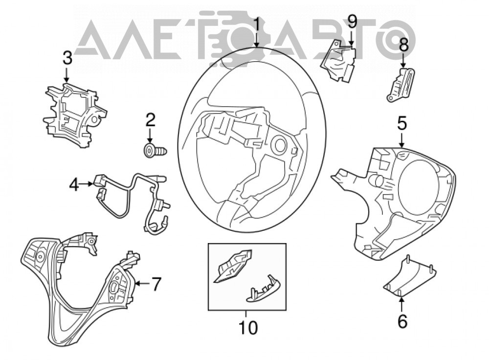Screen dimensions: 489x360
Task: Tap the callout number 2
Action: [150, 120]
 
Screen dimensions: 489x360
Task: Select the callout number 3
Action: [67, 58]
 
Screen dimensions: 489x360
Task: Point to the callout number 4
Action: [74, 185]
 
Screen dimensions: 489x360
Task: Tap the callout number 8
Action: [403, 45]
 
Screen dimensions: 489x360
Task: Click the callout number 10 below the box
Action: [248, 328]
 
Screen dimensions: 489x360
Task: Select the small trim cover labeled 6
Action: [409, 275]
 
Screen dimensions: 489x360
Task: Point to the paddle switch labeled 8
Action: [401, 85]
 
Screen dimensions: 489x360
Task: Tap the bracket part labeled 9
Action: [338, 61]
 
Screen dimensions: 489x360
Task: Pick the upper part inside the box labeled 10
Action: [232, 266]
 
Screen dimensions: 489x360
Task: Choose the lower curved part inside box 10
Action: [264, 290]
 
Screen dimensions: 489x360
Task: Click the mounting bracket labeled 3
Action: [75, 114]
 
